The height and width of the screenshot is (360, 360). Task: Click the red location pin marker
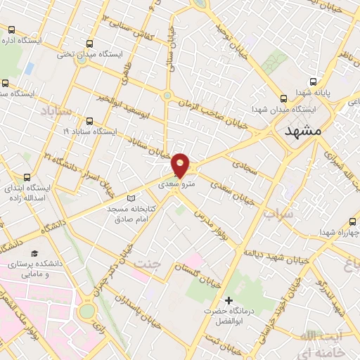coord(181,165)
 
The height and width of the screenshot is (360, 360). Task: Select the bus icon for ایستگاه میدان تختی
coord(88,43)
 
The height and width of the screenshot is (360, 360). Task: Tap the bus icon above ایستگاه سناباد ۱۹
coord(89,120)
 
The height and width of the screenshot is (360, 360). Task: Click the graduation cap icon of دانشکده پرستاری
coord(34,252)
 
